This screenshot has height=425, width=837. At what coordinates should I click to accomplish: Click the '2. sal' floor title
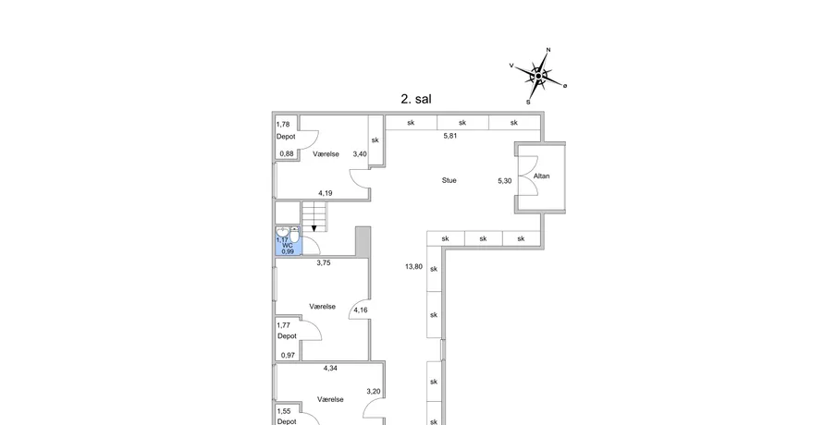coord(416,99)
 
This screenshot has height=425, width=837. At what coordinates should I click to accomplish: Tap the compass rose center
coord(539,77)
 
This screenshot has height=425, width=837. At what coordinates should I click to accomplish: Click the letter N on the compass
coord(548,50)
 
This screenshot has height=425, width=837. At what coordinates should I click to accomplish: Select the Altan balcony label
coord(541,176)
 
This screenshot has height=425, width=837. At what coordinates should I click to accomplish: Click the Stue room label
coord(449,180)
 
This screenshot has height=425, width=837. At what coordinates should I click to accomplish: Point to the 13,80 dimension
coord(413,267)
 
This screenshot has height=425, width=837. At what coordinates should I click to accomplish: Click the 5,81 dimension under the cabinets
coord(450,136)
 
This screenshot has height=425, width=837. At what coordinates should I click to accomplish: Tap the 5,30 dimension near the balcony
coord(504,181)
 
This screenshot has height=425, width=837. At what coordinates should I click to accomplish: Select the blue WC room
coord(289,241)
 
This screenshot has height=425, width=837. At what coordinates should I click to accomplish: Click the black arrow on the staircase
coord(314,229)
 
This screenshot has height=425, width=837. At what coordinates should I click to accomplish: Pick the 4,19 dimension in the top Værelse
coord(325,193)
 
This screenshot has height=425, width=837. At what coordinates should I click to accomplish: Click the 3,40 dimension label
coord(360,154)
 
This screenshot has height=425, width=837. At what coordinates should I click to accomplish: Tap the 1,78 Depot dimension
coord(283,125)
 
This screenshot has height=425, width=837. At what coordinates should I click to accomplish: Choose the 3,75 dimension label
coord(324,263)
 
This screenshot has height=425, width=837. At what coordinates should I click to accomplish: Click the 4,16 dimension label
coord(361,310)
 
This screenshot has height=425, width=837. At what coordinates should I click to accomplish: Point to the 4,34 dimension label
coord(330,368)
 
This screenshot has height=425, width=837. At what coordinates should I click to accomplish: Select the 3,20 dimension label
coord(374,392)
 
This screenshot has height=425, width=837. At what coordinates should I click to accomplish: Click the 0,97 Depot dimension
coord(288,355)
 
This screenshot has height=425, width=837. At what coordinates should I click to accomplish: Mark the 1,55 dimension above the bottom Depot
coord(284,411)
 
